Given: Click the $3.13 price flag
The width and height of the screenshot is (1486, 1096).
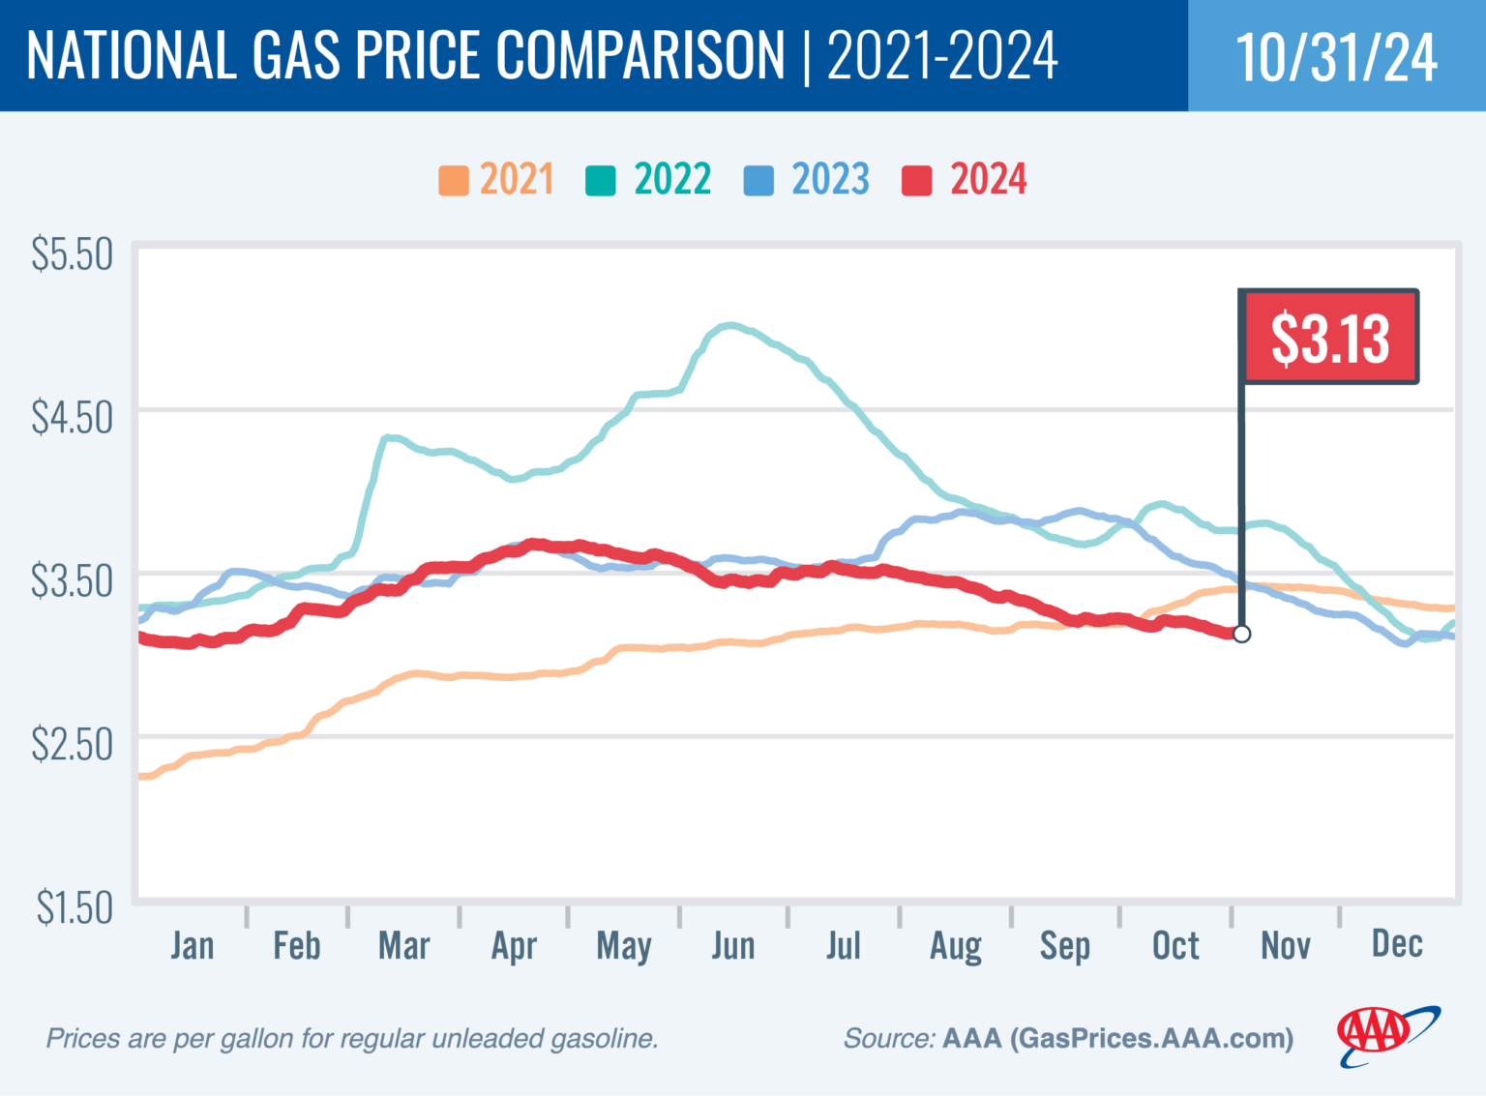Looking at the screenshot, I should (x=1329, y=338).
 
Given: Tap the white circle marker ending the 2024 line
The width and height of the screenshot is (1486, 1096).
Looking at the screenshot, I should (x=1241, y=634).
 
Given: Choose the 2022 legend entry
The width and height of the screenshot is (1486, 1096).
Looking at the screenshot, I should (x=649, y=180).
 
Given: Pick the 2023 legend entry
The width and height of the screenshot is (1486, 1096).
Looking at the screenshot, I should (x=807, y=180).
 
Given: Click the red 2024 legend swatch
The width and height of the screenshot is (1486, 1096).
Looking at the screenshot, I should (x=916, y=181).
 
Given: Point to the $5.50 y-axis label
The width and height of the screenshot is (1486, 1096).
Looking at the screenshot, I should (x=72, y=254).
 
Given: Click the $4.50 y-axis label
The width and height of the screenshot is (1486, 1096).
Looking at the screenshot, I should (x=72, y=418).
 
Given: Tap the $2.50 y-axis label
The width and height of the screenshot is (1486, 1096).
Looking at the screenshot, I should (x=72, y=745).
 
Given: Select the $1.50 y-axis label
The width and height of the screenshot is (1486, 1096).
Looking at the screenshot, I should (x=74, y=908).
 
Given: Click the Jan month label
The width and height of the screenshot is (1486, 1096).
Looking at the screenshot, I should (x=192, y=946).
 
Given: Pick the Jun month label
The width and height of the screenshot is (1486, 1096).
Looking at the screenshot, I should (x=732, y=946).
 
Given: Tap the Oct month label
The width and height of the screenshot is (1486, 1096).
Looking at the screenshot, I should (x=1174, y=946).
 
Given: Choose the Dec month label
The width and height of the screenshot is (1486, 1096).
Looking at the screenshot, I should (x=1396, y=944).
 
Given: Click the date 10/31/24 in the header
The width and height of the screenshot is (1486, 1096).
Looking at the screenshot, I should (x=1336, y=57).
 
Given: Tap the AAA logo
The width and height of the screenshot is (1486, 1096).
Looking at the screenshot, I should (x=1385, y=1035).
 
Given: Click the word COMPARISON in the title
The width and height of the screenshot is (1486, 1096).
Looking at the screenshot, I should (x=640, y=55).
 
